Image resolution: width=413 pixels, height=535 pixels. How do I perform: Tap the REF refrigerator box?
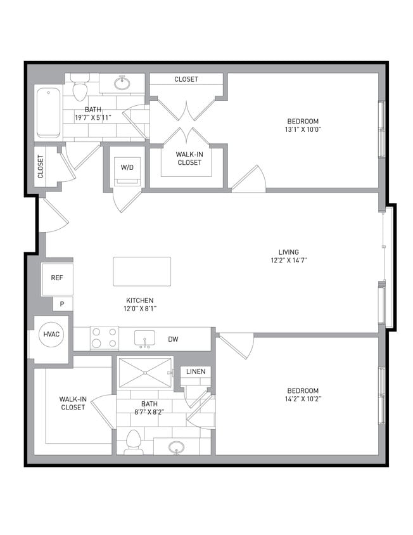pyautogui.click(x=57, y=277)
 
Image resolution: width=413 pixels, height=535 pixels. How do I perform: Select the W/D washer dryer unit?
pyautogui.click(x=127, y=168)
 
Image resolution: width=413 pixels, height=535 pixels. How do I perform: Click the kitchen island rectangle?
pyautogui.click(x=142, y=271)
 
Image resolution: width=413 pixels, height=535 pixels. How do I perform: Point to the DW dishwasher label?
pyautogui.click(x=173, y=340)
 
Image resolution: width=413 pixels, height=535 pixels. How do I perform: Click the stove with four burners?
pyautogui.click(x=105, y=338)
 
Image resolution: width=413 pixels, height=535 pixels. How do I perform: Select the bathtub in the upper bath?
pyautogui.click(x=48, y=113)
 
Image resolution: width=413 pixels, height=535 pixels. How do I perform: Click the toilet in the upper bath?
pyautogui.click(x=80, y=89)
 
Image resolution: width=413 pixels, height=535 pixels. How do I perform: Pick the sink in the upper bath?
pyautogui.click(x=122, y=83)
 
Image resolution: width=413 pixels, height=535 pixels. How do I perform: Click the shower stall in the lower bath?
pyautogui.click(x=144, y=372)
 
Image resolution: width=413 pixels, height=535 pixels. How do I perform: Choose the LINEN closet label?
pyautogui.click(x=195, y=371)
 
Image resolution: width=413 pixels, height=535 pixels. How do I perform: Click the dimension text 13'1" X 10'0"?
pyautogui.click(x=303, y=129)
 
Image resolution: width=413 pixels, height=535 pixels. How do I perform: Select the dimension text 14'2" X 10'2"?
pyautogui.click(x=302, y=399)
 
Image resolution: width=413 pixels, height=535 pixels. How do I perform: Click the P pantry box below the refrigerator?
pyautogui.click(x=62, y=304)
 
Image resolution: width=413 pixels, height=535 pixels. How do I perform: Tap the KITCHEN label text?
pyautogui.click(x=139, y=300)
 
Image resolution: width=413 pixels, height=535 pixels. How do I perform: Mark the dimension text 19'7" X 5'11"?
pyautogui.click(x=93, y=117)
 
